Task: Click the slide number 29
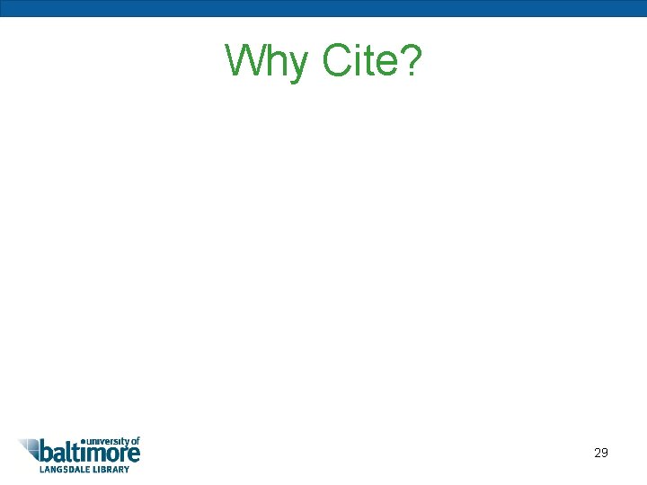pos(601,453)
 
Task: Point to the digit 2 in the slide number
pos(598,453)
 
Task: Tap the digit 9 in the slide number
pos(605,453)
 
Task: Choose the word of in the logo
pos(135,441)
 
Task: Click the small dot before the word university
pos(84,440)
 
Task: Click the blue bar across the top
pos(323,8)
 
